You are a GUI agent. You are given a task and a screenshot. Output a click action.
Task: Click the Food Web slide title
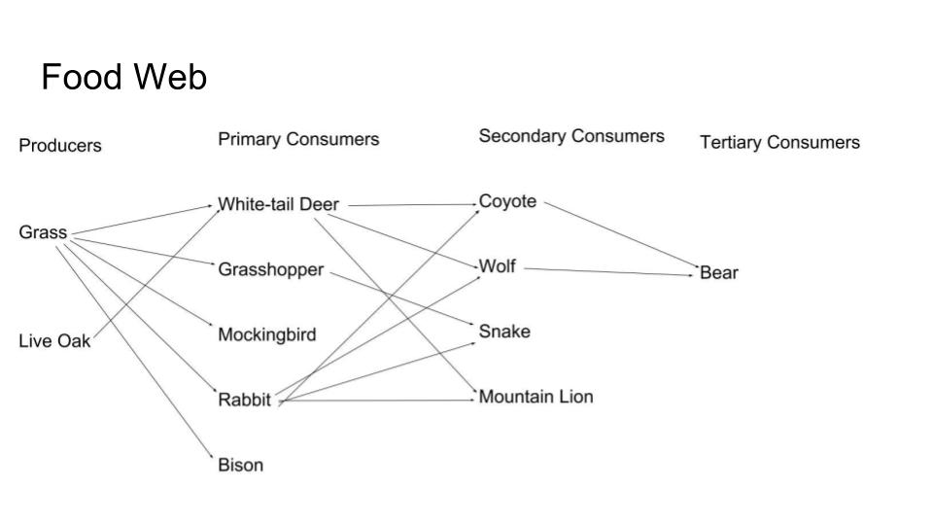(x=123, y=77)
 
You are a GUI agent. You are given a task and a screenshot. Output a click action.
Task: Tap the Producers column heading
(x=60, y=146)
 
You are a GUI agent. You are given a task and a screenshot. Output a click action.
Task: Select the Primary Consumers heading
(x=298, y=139)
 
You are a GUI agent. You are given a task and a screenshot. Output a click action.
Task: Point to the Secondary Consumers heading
(x=571, y=136)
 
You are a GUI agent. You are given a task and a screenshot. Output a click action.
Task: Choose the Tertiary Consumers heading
(x=779, y=143)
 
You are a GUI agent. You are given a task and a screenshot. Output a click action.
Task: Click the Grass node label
(x=43, y=232)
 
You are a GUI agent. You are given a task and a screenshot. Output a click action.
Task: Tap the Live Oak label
(x=54, y=341)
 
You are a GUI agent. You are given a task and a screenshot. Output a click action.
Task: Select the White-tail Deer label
(x=278, y=204)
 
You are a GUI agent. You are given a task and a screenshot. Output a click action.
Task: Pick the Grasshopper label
(x=270, y=269)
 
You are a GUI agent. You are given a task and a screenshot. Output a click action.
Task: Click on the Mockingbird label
(x=266, y=335)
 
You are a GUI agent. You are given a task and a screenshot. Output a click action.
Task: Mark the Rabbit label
(x=244, y=400)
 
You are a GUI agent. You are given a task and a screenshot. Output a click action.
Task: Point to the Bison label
(x=240, y=465)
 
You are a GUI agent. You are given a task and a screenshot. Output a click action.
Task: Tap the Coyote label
(x=507, y=201)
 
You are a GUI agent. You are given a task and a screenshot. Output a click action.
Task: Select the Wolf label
(x=497, y=266)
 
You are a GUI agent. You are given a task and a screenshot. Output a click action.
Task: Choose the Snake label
(x=504, y=332)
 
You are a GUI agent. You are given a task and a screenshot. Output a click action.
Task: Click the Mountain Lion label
(x=536, y=397)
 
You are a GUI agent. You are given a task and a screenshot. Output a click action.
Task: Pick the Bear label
(x=719, y=273)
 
